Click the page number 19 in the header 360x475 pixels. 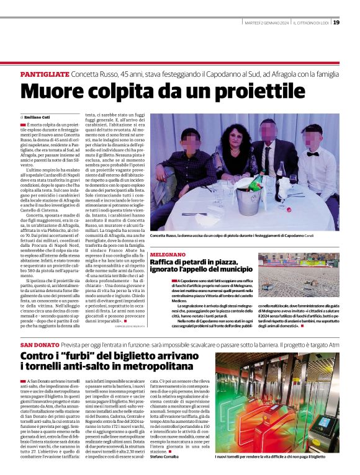coord(336,22)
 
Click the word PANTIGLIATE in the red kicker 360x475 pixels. coord(45,74)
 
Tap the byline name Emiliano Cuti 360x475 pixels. coord(38,117)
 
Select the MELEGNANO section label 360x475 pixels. coord(168,255)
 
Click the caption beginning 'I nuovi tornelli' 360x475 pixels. coord(270,456)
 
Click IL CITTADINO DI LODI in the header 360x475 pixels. coord(310,23)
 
